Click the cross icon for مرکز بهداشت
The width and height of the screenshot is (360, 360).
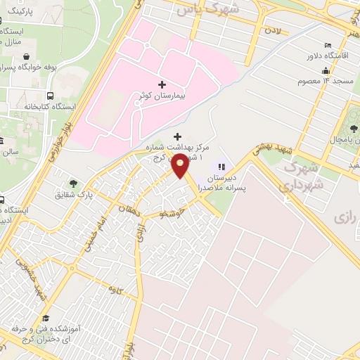[176, 136]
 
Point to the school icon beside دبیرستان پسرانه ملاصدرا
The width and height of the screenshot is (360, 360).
[221, 167]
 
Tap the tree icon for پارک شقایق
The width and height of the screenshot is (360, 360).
[73, 184]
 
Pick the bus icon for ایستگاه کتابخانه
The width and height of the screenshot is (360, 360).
[50, 96]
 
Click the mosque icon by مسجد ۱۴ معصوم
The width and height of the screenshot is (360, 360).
[325, 70]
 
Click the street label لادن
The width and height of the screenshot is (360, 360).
[272, 32]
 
